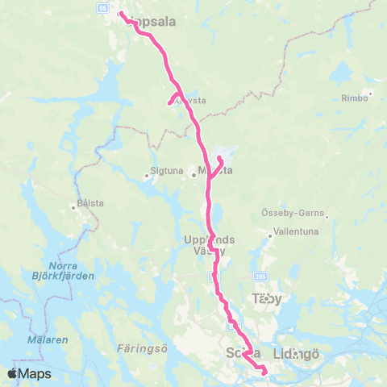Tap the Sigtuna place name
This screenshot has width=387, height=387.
click(x=160, y=171)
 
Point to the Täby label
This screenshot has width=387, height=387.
click(x=268, y=298)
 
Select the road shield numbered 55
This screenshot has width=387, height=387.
click(x=103, y=6)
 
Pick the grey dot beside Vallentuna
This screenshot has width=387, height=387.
click(x=271, y=236)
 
